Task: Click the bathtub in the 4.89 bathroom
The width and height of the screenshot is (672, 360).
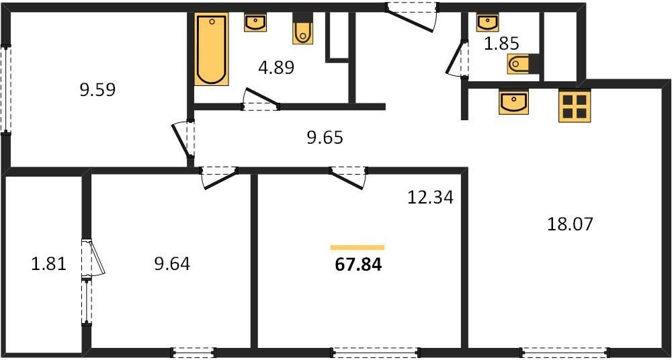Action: click(x=212, y=49)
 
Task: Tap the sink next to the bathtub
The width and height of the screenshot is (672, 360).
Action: click(x=255, y=23)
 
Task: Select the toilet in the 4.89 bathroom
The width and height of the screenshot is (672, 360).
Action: click(x=303, y=30)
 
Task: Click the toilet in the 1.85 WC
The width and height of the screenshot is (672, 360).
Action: click(x=522, y=64)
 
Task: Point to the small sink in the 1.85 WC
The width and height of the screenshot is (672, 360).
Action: click(x=487, y=23)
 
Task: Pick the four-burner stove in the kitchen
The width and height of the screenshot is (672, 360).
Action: click(x=575, y=106)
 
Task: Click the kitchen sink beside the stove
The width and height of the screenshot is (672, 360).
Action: click(x=513, y=103)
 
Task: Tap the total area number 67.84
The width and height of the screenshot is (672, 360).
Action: click(x=358, y=264)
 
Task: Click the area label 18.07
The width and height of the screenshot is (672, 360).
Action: click(x=571, y=224)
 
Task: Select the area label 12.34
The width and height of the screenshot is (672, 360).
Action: click(x=430, y=197)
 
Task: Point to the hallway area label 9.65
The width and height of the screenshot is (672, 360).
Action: click(x=325, y=138)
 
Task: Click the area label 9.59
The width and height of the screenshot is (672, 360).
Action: click(x=97, y=89)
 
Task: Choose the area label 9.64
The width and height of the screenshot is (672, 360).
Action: click(x=172, y=263)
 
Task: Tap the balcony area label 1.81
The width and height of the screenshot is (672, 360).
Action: click(x=48, y=263)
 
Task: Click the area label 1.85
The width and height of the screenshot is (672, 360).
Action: click(x=501, y=44)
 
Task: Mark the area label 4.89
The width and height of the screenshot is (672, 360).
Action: click(x=277, y=67)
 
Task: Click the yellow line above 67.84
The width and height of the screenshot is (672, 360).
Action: click(x=358, y=247)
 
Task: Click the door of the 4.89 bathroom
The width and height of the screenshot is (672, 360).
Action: click(x=260, y=101)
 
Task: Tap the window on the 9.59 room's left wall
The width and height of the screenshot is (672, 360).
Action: click(x=6, y=89)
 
